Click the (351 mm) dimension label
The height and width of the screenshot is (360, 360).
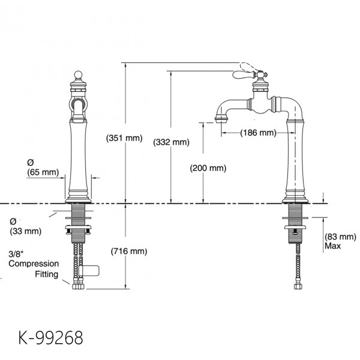click(124, 138)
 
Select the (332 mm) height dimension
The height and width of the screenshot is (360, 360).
click(171, 142)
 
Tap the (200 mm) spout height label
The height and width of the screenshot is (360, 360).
click(208, 168)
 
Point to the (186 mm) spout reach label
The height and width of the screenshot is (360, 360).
click(258, 133)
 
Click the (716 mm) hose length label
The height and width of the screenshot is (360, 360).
click(129, 251)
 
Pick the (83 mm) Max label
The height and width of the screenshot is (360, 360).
click(340, 241)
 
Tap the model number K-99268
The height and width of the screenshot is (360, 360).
click(51, 338)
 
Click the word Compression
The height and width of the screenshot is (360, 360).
click(34, 263)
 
